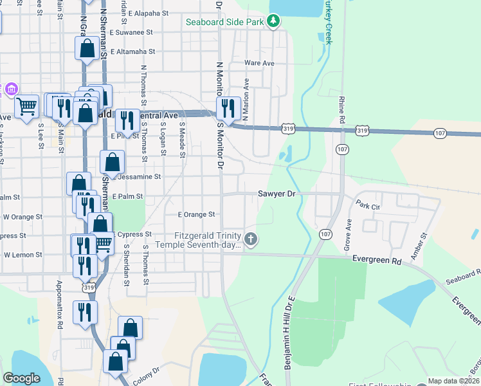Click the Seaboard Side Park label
225,22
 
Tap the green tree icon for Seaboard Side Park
275,21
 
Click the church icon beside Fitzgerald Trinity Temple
251,240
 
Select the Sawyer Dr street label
277,193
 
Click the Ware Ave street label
259,63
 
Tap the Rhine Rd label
341,109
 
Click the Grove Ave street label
349,234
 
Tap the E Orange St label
196,214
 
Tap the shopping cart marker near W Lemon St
102,243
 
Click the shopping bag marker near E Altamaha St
87,49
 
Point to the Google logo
22,379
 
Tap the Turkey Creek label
328,23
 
